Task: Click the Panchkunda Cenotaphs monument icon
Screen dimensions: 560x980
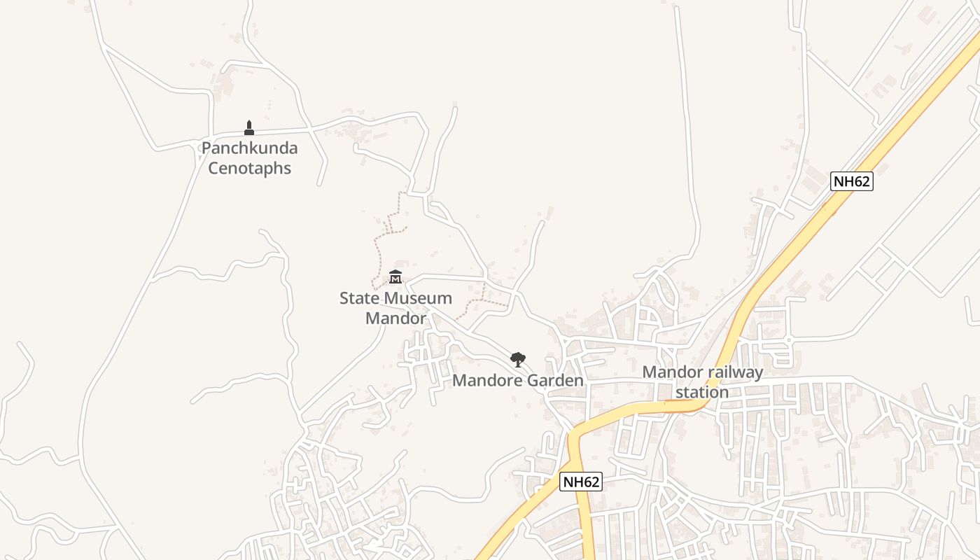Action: (248, 127)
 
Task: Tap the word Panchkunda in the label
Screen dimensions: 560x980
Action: (249, 148)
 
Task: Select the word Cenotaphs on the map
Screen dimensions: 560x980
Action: (249, 169)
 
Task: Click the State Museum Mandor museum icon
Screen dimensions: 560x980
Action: (395, 277)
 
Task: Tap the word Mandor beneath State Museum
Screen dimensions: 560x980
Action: (395, 318)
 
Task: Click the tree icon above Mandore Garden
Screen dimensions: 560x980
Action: (517, 360)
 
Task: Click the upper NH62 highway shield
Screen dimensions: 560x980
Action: (852, 181)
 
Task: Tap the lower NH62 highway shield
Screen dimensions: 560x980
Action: (581, 482)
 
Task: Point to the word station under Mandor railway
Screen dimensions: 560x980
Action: (702, 392)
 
